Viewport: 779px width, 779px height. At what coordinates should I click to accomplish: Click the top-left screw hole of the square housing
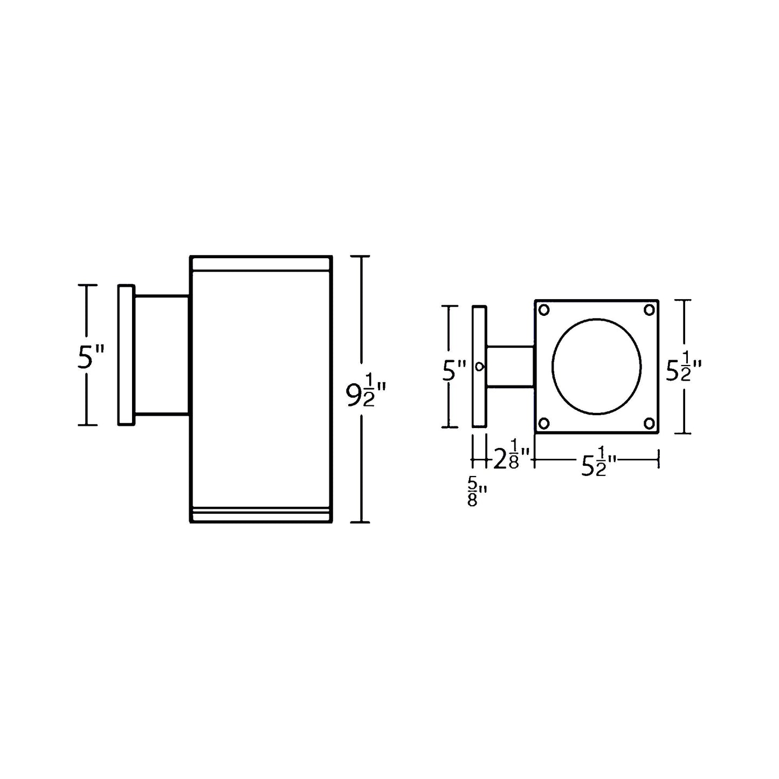pos(544,310)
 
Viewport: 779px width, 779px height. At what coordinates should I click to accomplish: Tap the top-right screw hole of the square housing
pos(649,310)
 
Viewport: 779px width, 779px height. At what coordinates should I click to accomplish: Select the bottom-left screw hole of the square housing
pos(544,423)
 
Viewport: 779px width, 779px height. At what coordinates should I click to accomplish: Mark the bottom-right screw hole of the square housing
pos(649,423)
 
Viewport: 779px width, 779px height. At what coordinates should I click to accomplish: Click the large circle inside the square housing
pos(597,367)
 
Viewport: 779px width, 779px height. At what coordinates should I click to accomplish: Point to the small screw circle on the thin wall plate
pos(479,367)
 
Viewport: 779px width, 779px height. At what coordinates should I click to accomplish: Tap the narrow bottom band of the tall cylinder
pos(261,515)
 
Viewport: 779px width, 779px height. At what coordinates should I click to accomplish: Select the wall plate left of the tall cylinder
pos(126,355)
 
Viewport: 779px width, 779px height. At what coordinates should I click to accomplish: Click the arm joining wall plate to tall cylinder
pos(162,355)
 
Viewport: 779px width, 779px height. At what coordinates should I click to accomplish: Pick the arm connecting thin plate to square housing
pos(511,367)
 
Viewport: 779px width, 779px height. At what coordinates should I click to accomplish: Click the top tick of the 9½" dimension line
pos(361,257)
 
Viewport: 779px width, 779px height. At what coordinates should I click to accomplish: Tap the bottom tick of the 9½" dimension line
pos(361,522)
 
